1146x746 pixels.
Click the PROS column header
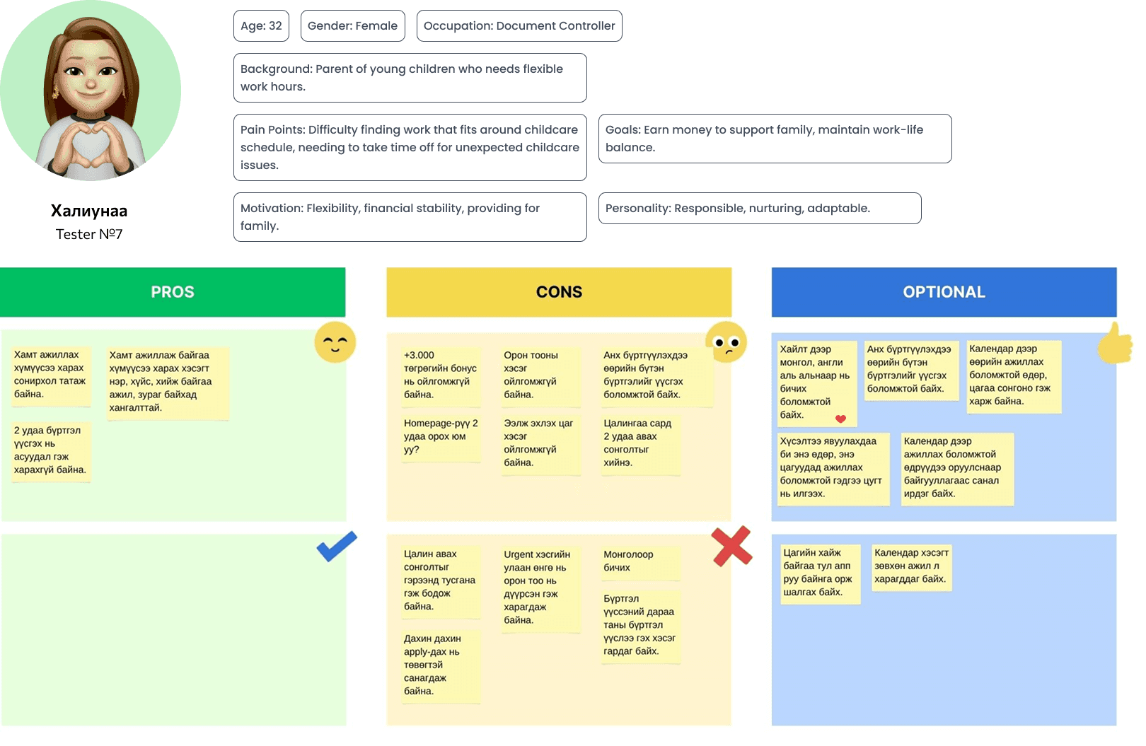(x=173, y=292)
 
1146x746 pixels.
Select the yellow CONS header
(x=559, y=292)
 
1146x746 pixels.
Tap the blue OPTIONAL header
(x=944, y=292)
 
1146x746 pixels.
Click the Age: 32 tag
(x=261, y=26)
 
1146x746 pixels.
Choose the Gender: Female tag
(x=352, y=26)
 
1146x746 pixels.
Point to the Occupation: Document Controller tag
(x=519, y=26)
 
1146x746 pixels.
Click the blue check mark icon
(x=337, y=546)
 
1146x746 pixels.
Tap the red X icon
(x=731, y=546)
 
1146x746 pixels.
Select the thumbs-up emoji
(x=1116, y=344)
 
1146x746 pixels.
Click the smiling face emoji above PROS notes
(x=335, y=343)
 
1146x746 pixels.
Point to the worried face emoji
(x=726, y=342)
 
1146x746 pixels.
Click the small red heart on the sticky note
(x=840, y=419)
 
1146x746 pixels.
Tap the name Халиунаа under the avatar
(x=89, y=211)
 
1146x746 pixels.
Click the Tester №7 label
(x=89, y=234)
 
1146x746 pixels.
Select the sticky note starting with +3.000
(x=440, y=375)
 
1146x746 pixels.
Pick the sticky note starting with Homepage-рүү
(x=440, y=436)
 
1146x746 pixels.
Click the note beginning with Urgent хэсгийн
(x=538, y=587)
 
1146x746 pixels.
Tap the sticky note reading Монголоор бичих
(x=639, y=561)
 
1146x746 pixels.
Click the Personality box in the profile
(x=759, y=209)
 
